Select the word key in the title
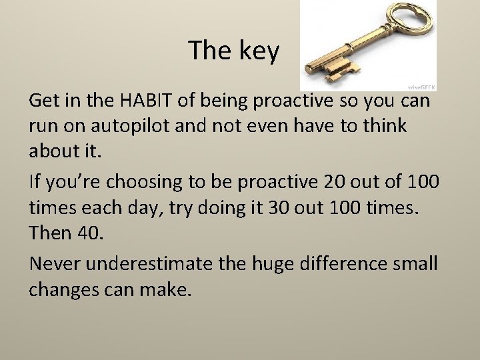click(x=258, y=51)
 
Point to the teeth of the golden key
click(x=341, y=67)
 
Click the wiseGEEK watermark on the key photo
click(x=421, y=87)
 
